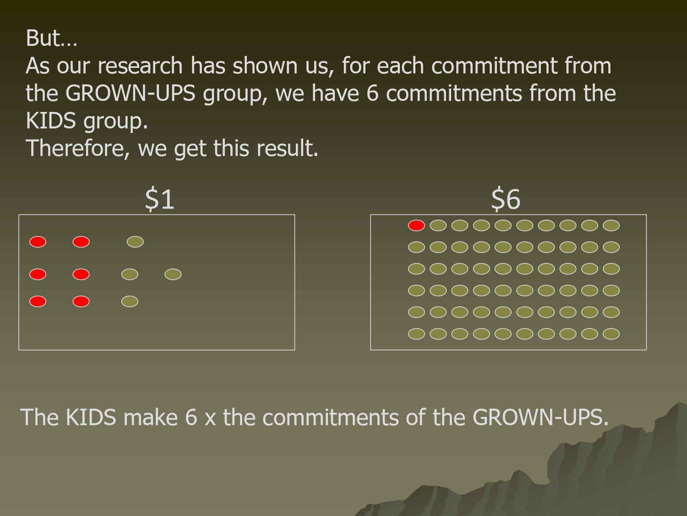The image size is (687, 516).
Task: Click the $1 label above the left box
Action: [x=160, y=199]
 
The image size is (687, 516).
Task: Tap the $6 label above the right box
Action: [x=506, y=199]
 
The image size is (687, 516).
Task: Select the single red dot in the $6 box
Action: [x=416, y=226]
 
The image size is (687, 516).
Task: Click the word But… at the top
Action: [x=52, y=38]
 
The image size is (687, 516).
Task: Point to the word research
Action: [x=140, y=66]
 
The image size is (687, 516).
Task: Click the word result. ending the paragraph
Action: [x=287, y=148]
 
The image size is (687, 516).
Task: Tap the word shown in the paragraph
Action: [x=265, y=66]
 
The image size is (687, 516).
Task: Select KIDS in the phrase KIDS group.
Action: [x=51, y=121]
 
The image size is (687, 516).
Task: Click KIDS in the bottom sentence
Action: [x=91, y=417]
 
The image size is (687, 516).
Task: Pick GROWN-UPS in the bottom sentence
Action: [x=540, y=417]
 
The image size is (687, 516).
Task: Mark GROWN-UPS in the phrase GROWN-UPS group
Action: [x=130, y=93]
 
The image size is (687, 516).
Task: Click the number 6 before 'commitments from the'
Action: [x=372, y=93]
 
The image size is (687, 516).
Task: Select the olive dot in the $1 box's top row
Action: [x=135, y=242]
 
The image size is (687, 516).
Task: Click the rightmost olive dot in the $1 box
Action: [x=173, y=274]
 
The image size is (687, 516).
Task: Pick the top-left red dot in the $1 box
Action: [x=38, y=242]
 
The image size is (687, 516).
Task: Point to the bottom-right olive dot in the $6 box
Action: [x=611, y=334]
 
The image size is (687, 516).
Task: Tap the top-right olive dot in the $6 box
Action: [x=611, y=226]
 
